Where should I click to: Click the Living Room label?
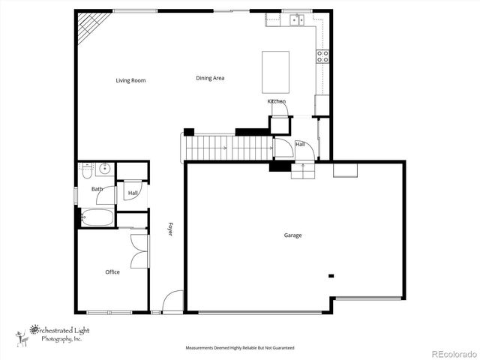(130, 80)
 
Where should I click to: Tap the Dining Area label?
(210, 78)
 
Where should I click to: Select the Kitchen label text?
(277, 101)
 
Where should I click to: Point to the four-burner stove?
(322, 56)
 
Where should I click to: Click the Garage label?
(292, 235)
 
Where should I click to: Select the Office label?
(112, 272)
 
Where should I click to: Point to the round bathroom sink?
(103, 169)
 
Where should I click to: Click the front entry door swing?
(173, 301)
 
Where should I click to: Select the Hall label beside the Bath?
(133, 193)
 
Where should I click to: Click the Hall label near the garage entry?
(299, 144)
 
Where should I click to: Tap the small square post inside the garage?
(330, 276)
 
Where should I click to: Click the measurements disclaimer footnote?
(240, 348)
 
